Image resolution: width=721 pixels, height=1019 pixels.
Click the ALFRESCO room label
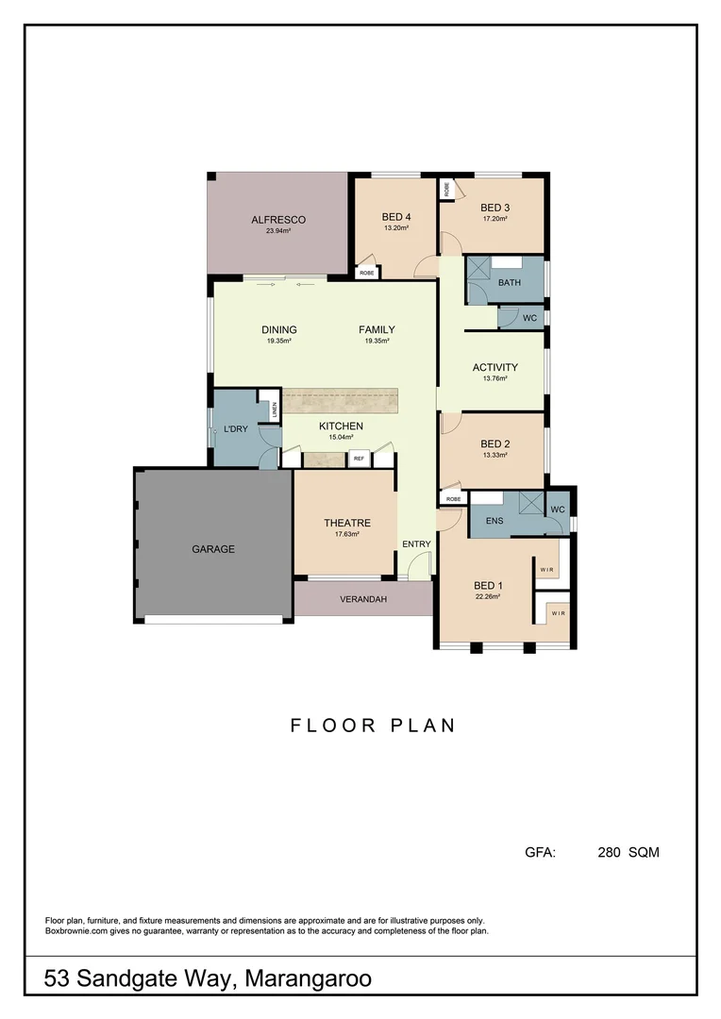point(277,220)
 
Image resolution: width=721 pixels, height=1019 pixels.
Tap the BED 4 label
point(395,216)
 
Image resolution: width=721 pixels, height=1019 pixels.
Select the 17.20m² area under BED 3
point(495,219)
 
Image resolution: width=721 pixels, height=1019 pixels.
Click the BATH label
point(510,282)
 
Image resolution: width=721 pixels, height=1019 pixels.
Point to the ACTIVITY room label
point(495,368)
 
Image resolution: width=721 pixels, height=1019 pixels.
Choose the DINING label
point(279,330)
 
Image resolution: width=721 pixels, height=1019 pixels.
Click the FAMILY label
point(377,330)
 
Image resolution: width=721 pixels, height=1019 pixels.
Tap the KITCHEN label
point(341,426)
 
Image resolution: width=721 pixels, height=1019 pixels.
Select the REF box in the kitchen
point(359,459)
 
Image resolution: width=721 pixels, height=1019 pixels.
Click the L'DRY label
point(235,430)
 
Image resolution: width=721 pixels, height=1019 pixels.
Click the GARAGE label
point(213,548)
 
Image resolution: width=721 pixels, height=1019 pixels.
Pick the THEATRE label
point(347,523)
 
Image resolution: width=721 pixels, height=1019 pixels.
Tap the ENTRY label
point(416,543)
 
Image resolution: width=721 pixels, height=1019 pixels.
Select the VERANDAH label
point(362,598)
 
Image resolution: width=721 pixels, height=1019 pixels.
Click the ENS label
point(494,520)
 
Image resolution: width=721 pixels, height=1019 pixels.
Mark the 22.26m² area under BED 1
point(487,596)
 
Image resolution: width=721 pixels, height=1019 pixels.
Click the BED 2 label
point(495,444)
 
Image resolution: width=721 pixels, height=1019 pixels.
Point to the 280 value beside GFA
point(610,852)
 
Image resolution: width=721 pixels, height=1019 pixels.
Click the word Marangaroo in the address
point(308,979)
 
